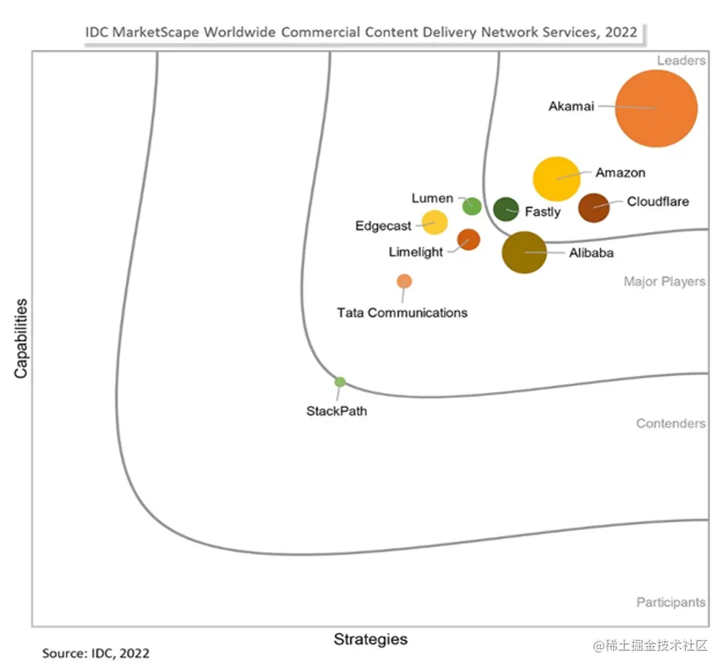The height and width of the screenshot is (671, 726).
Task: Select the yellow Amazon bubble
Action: [557, 178]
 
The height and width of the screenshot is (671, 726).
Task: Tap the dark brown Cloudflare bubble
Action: [594, 208]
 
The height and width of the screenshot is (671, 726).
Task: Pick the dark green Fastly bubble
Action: [506, 209]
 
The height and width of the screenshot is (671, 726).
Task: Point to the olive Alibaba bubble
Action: [524, 252]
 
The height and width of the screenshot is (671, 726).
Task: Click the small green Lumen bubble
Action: [472, 206]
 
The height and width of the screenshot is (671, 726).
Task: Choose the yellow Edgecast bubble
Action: [435, 223]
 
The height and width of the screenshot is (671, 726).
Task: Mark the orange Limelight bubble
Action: [468, 239]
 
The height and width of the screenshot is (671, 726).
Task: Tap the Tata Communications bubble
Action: [405, 281]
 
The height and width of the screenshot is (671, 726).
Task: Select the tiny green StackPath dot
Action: [340, 382]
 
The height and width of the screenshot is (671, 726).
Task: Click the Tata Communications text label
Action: [402, 312]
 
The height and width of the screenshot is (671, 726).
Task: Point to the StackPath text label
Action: [337, 411]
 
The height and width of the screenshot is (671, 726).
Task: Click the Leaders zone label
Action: [681, 61]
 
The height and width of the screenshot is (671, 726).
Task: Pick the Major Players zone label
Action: [664, 281]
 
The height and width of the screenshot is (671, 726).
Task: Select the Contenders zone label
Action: [671, 423]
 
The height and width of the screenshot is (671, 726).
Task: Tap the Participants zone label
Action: [671, 602]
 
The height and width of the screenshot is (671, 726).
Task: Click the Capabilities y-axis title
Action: [21, 338]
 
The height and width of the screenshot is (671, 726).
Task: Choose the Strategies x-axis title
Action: [370, 639]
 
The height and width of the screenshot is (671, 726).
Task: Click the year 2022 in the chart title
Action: [620, 32]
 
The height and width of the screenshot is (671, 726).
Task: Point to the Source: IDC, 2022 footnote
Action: [96, 653]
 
